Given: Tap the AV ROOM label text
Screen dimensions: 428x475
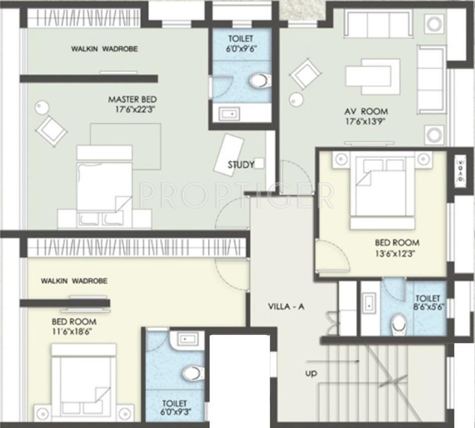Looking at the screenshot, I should click(x=365, y=110).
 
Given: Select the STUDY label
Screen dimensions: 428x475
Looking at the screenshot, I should click(x=240, y=165).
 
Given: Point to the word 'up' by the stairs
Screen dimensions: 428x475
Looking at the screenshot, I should click(x=310, y=373).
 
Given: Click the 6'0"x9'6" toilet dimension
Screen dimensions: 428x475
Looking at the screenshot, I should click(x=241, y=48).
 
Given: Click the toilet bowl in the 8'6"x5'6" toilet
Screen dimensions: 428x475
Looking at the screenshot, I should click(x=398, y=323).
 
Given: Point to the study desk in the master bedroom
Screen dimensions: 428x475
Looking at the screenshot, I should click(x=229, y=152).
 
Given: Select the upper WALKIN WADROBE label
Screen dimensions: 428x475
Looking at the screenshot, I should click(x=104, y=49).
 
